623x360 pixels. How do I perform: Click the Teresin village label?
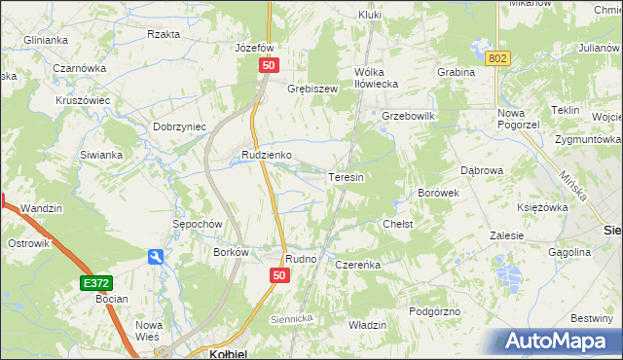pyautogui.click(x=346, y=178)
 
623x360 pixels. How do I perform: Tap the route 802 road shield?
pyautogui.click(x=498, y=59)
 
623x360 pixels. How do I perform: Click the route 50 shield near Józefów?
pyautogui.click(x=269, y=64)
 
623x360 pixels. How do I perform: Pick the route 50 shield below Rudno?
pyautogui.click(x=279, y=276)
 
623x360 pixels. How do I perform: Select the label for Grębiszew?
pyautogui.click(x=311, y=89)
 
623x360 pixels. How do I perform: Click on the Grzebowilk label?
pyautogui.click(x=407, y=116)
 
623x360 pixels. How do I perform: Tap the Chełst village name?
pyautogui.click(x=398, y=224)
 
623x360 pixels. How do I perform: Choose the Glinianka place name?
pyautogui.click(x=46, y=40)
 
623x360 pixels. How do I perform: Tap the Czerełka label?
pyautogui.click(x=357, y=264)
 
